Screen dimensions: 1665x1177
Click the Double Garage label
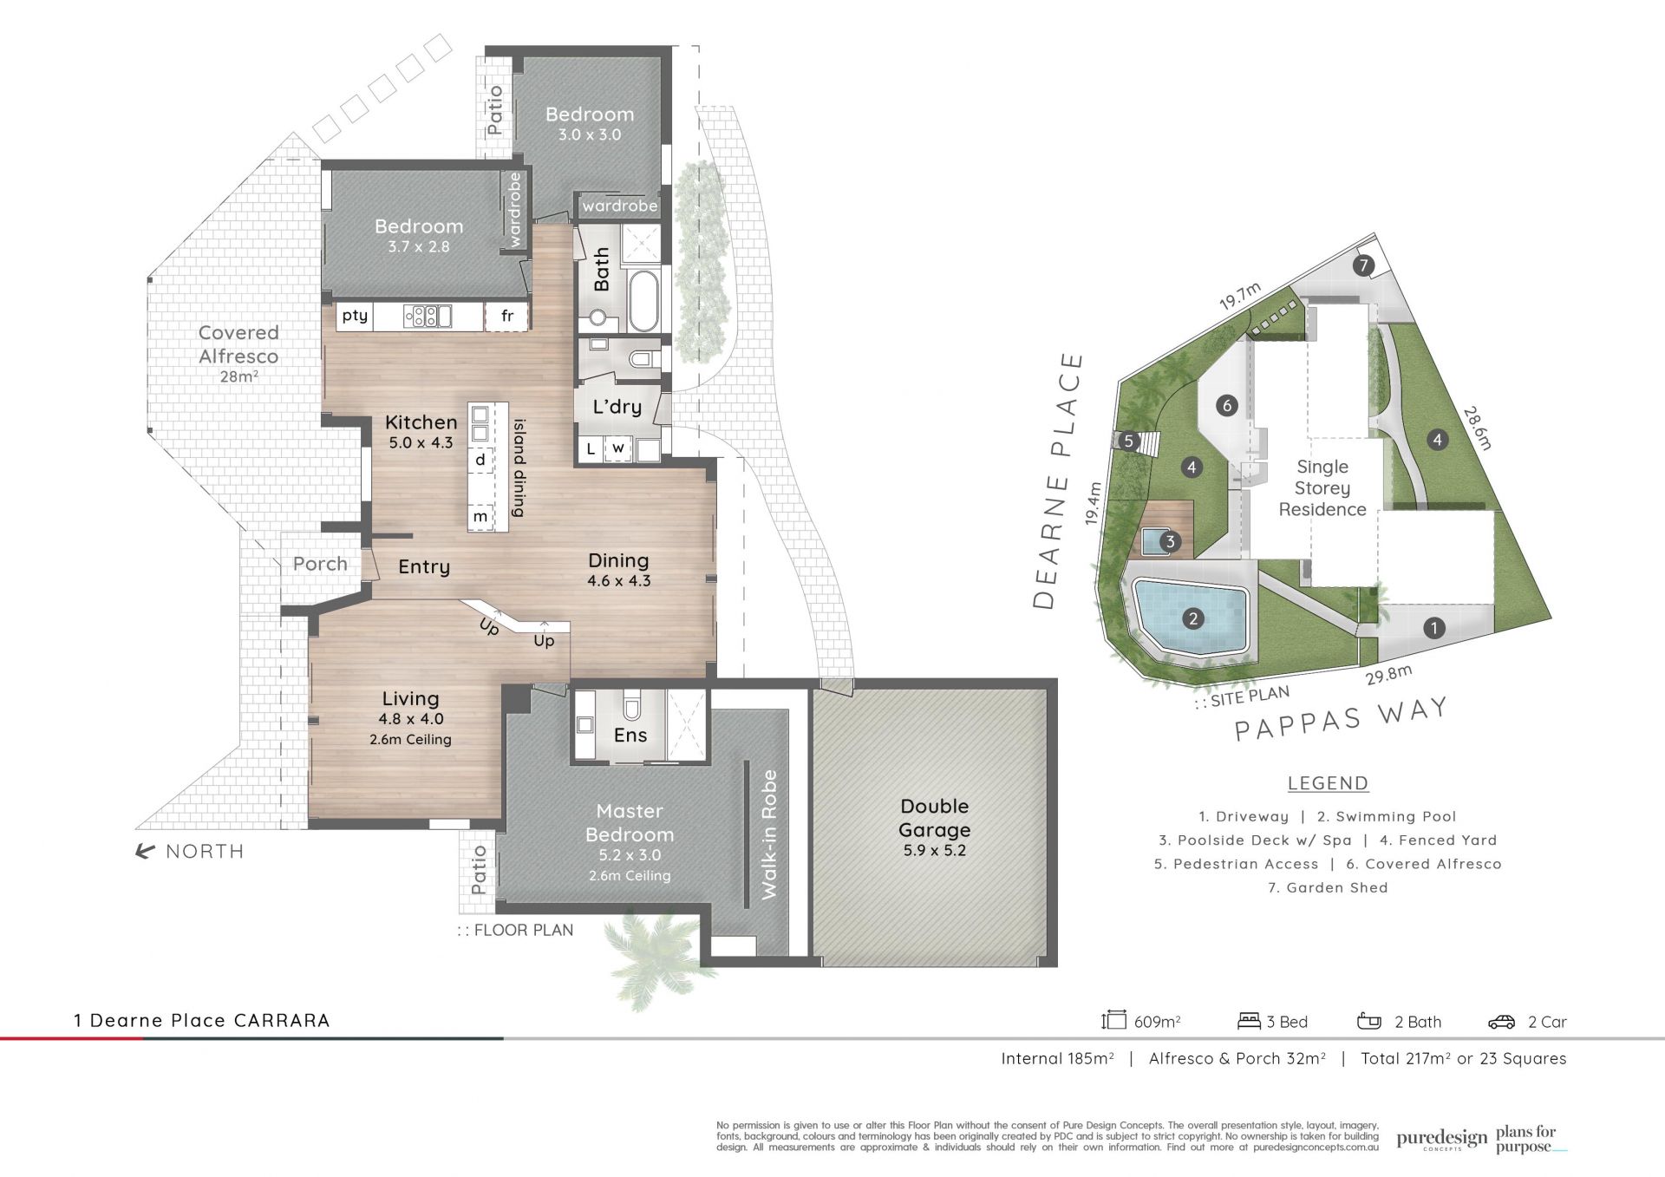point(934,818)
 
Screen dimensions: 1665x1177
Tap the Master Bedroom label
point(630,823)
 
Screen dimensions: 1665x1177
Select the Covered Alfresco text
point(238,344)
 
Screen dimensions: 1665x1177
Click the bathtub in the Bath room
point(643,301)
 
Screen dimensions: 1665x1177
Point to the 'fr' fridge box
point(507,317)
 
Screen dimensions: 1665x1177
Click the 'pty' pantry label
point(355,316)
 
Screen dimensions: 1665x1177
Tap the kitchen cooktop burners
point(421,317)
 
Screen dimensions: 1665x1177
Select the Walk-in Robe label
point(769,834)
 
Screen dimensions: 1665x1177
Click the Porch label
point(320,564)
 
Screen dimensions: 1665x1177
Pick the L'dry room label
point(617,407)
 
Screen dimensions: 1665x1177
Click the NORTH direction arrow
point(145,852)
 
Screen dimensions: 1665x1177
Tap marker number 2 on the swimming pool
point(1193,618)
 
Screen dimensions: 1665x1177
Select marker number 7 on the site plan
point(1363,265)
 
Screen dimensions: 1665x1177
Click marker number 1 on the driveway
point(1434,628)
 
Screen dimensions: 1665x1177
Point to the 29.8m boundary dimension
point(1389,674)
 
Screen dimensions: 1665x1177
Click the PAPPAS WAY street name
point(1342,719)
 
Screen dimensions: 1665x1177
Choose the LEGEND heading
point(1328,783)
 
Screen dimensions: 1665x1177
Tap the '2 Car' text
point(1547,1022)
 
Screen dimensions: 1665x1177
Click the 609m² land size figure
point(1158,1022)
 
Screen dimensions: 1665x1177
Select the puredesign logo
point(1441,1140)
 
